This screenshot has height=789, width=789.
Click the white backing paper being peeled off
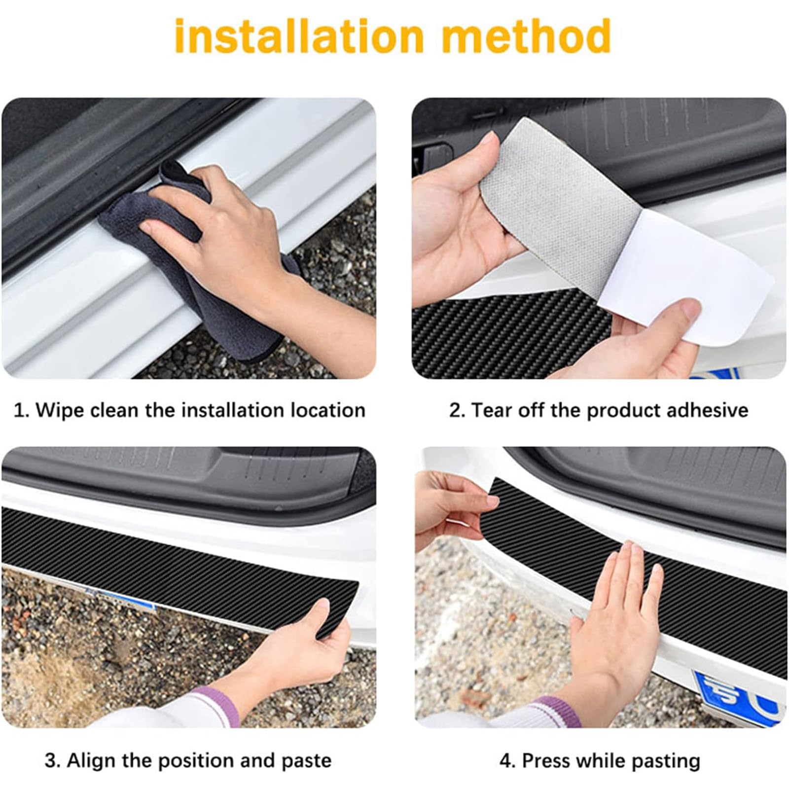(685, 276)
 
